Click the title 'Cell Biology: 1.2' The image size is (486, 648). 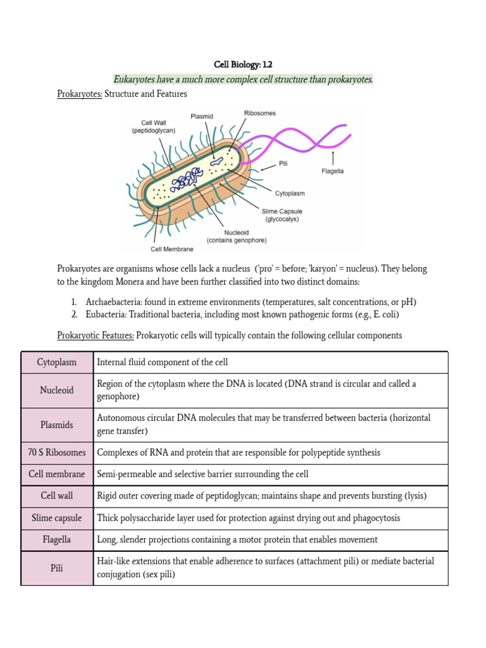coord(243,65)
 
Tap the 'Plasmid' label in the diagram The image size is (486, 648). coord(202,116)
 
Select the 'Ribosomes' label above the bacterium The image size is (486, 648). coord(259,113)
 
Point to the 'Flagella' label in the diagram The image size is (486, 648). coord(332,171)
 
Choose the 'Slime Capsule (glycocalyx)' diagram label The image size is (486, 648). coord(282,215)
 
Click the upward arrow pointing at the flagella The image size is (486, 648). coord(332,157)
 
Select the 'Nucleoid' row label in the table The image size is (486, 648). coord(57,390)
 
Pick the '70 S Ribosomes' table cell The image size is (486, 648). coord(57,452)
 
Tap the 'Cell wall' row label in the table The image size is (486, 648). coord(57,496)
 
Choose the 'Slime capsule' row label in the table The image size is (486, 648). coord(57,518)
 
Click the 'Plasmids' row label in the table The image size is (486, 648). coord(57,425)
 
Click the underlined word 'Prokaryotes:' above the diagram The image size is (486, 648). coord(80,94)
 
